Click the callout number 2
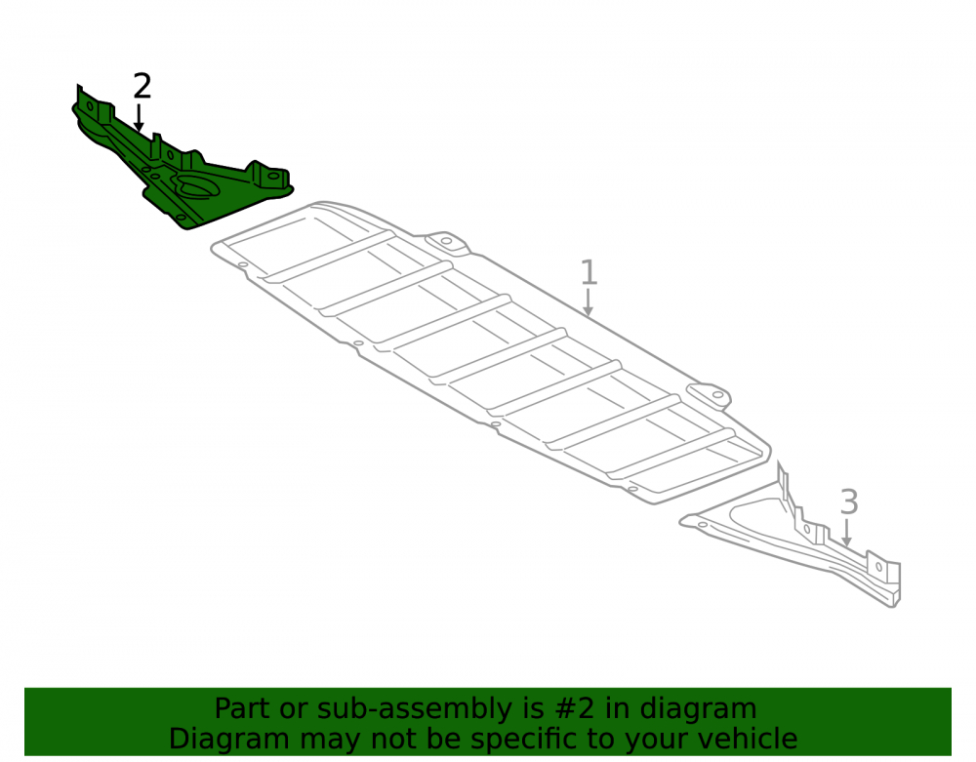[x=142, y=87]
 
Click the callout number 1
[x=589, y=273]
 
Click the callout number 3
[x=849, y=502]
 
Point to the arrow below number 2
[x=139, y=118]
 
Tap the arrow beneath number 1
[x=588, y=302]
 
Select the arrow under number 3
[x=846, y=533]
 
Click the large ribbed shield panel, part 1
[x=492, y=352]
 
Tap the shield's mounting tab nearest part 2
[x=447, y=241]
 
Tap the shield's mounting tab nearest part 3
[x=710, y=394]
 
